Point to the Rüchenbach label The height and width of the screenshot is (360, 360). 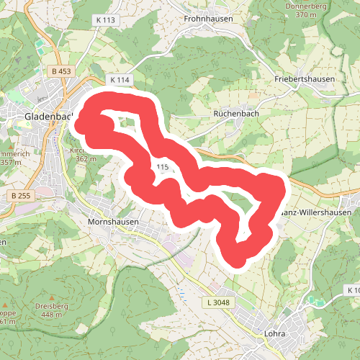click(x=236, y=114)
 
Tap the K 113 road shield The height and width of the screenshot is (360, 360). click(x=104, y=20)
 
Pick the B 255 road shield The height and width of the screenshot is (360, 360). click(x=22, y=196)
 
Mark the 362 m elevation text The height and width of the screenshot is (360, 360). click(x=86, y=159)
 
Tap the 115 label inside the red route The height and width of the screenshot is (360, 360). click(x=161, y=167)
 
